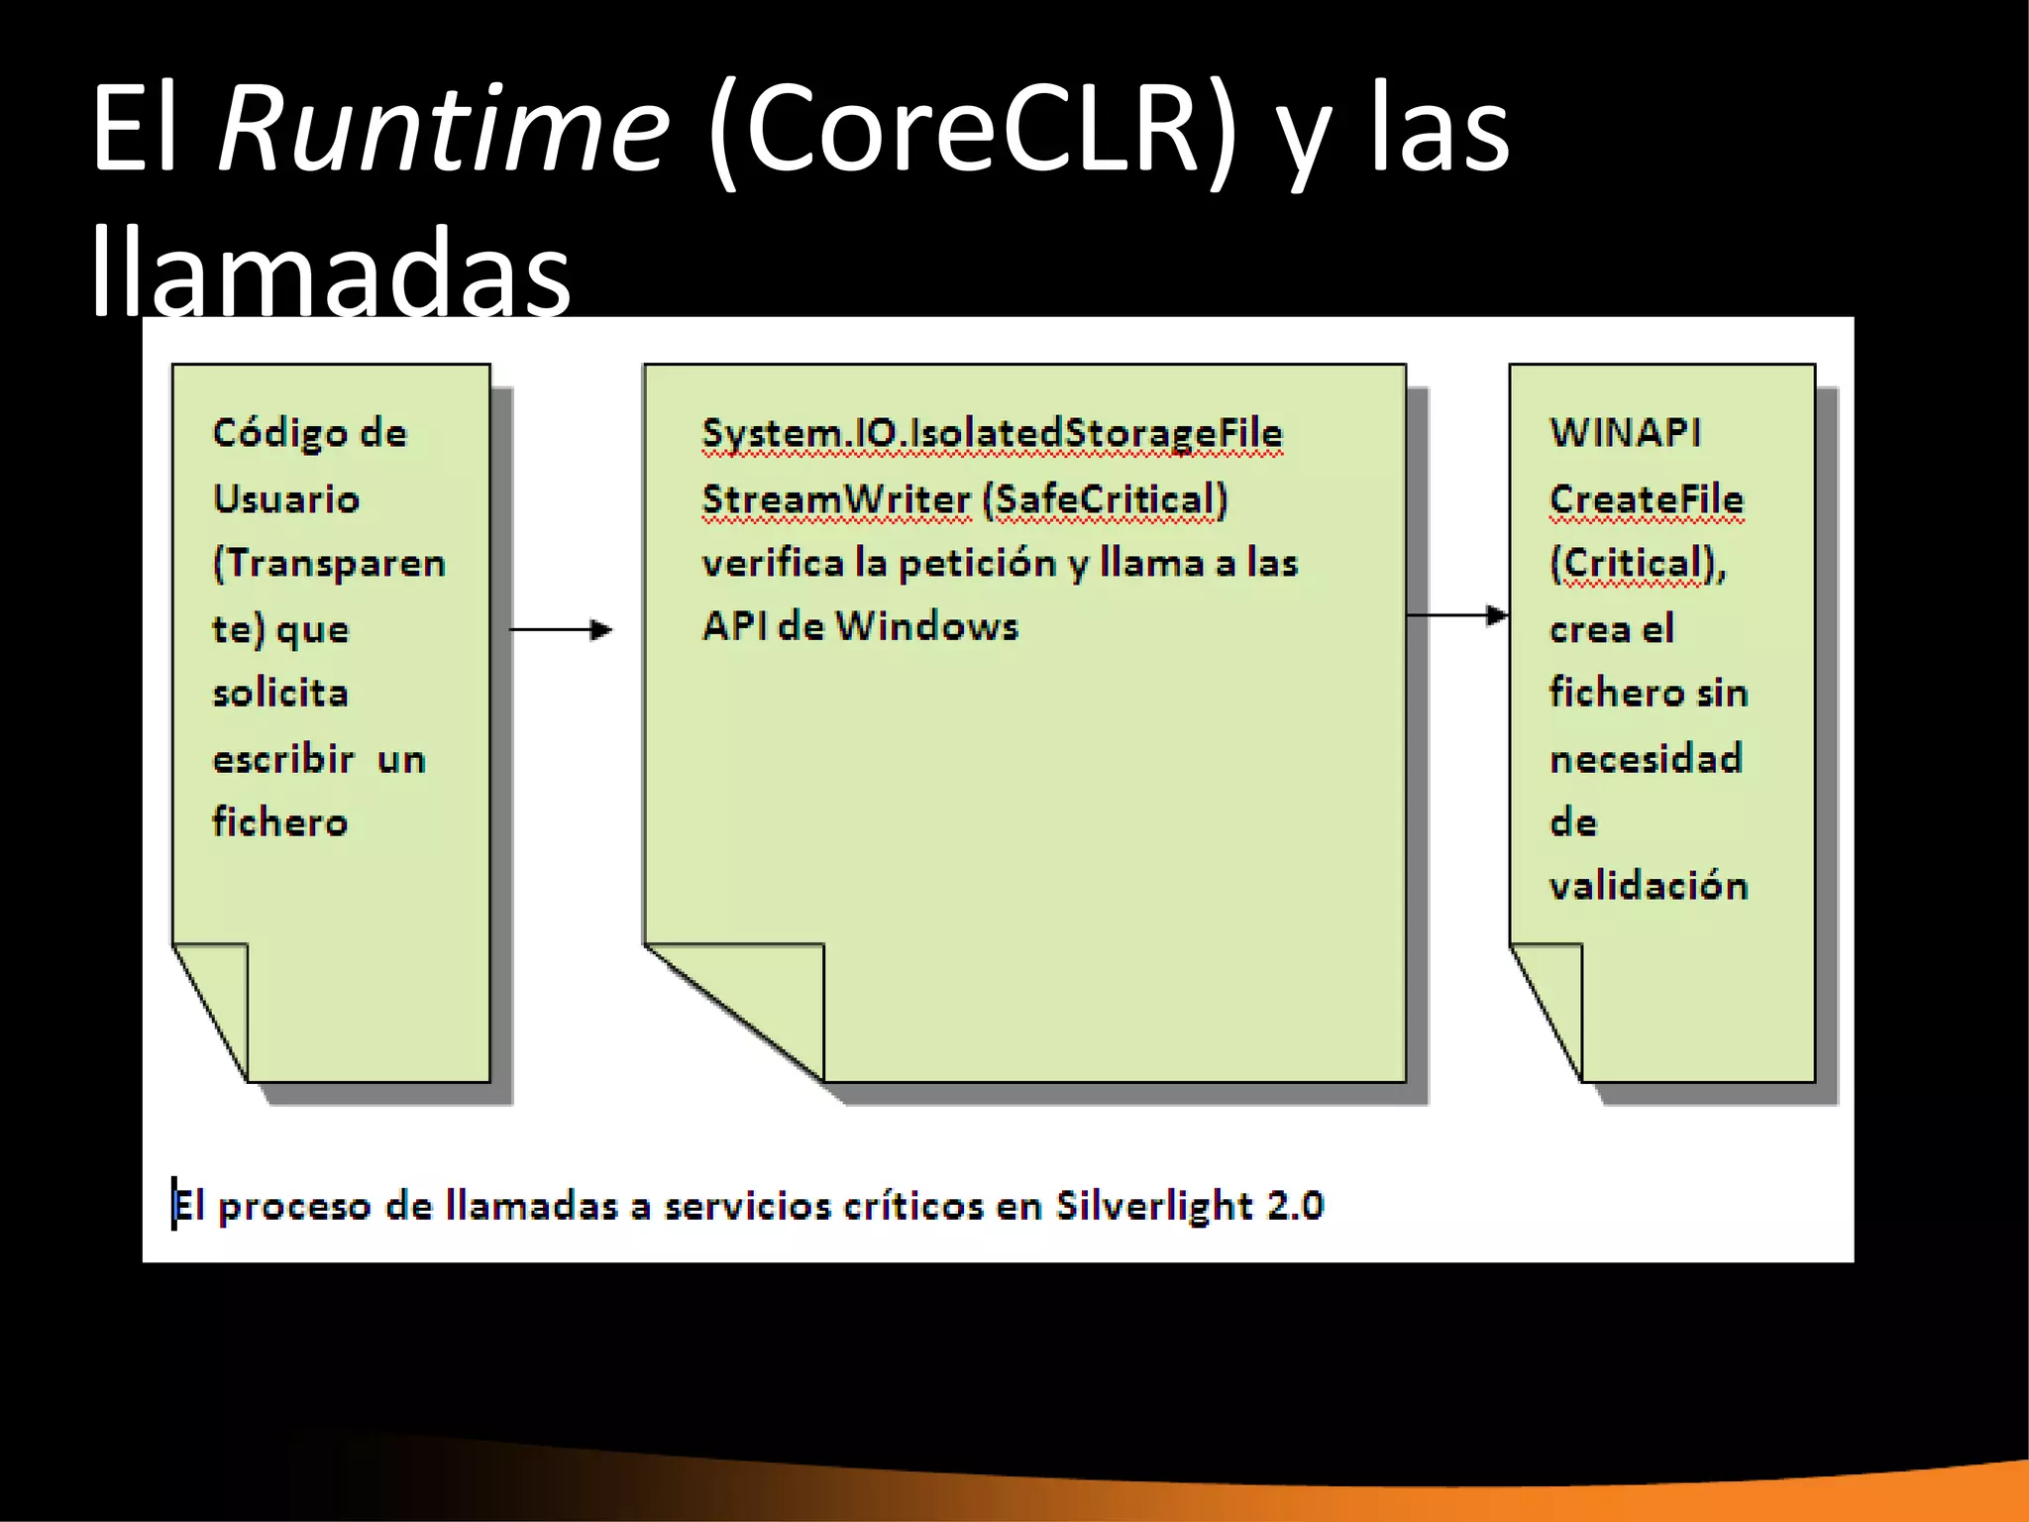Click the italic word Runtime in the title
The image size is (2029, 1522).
(443, 129)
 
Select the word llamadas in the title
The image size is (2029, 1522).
(331, 270)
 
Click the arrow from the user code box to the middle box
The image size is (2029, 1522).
(561, 629)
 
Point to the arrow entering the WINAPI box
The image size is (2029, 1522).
(1457, 615)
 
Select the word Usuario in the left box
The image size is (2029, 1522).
(285, 498)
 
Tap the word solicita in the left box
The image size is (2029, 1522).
(280, 693)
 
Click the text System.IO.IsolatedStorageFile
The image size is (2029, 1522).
(992, 434)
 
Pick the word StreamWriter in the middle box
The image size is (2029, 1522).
(836, 498)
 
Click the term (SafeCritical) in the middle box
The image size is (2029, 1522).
(1105, 498)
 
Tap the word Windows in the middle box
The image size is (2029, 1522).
(926, 626)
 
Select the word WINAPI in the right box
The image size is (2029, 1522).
(1625, 432)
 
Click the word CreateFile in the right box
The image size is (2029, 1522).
(1646, 498)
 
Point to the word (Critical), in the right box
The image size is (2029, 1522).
(1637, 563)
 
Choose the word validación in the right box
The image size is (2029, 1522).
(1648, 885)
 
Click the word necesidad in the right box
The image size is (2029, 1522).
(1646, 759)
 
